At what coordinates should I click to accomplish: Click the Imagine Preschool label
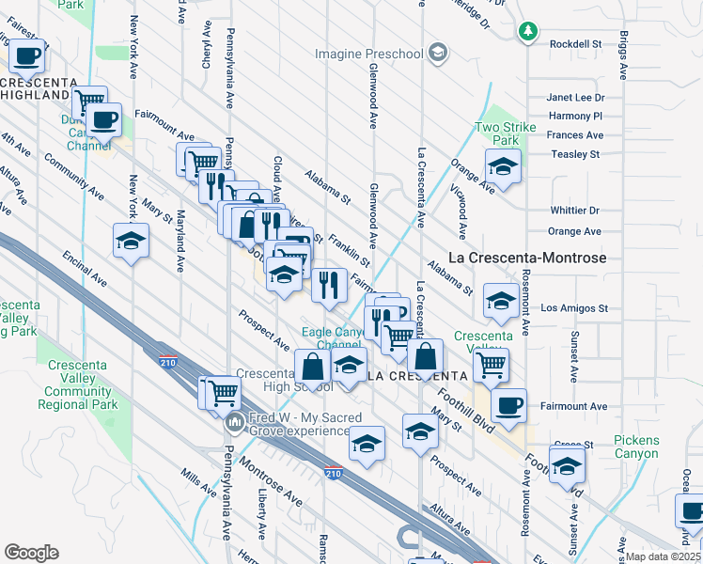(x=368, y=54)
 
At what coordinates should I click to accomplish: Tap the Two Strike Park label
(x=505, y=133)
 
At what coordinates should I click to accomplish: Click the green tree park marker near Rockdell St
(x=528, y=32)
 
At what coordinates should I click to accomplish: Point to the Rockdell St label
(x=575, y=44)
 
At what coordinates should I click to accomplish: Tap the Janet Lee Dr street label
(x=575, y=98)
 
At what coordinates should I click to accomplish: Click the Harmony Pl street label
(x=575, y=117)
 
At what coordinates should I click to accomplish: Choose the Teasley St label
(x=575, y=154)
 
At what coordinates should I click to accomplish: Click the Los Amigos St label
(x=575, y=308)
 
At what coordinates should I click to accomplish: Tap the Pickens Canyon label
(x=636, y=446)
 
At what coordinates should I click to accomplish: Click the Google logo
(x=31, y=552)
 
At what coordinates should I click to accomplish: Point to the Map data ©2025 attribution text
(x=664, y=556)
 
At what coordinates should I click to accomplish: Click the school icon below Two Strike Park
(x=504, y=168)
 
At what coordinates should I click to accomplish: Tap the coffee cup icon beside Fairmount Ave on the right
(x=508, y=405)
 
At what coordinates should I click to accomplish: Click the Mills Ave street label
(x=200, y=483)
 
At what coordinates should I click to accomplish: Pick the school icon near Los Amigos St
(x=501, y=302)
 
